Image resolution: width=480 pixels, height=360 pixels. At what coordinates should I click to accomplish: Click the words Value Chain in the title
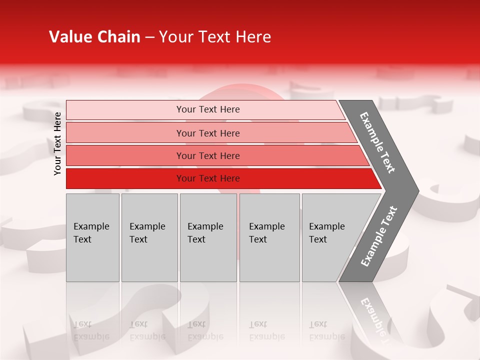(x=94, y=37)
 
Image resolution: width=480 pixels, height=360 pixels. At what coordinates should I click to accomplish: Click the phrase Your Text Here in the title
(x=215, y=37)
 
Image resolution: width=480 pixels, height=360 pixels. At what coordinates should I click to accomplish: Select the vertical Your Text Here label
(x=57, y=143)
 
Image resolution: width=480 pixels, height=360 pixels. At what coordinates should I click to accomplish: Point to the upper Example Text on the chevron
(x=377, y=142)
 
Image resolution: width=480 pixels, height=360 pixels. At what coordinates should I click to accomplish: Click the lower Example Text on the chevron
(x=378, y=236)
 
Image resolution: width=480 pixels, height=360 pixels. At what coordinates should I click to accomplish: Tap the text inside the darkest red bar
(x=208, y=178)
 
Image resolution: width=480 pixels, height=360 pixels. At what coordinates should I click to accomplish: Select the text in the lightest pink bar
(x=208, y=109)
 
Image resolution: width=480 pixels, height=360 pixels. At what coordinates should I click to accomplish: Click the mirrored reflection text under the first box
(x=91, y=331)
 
